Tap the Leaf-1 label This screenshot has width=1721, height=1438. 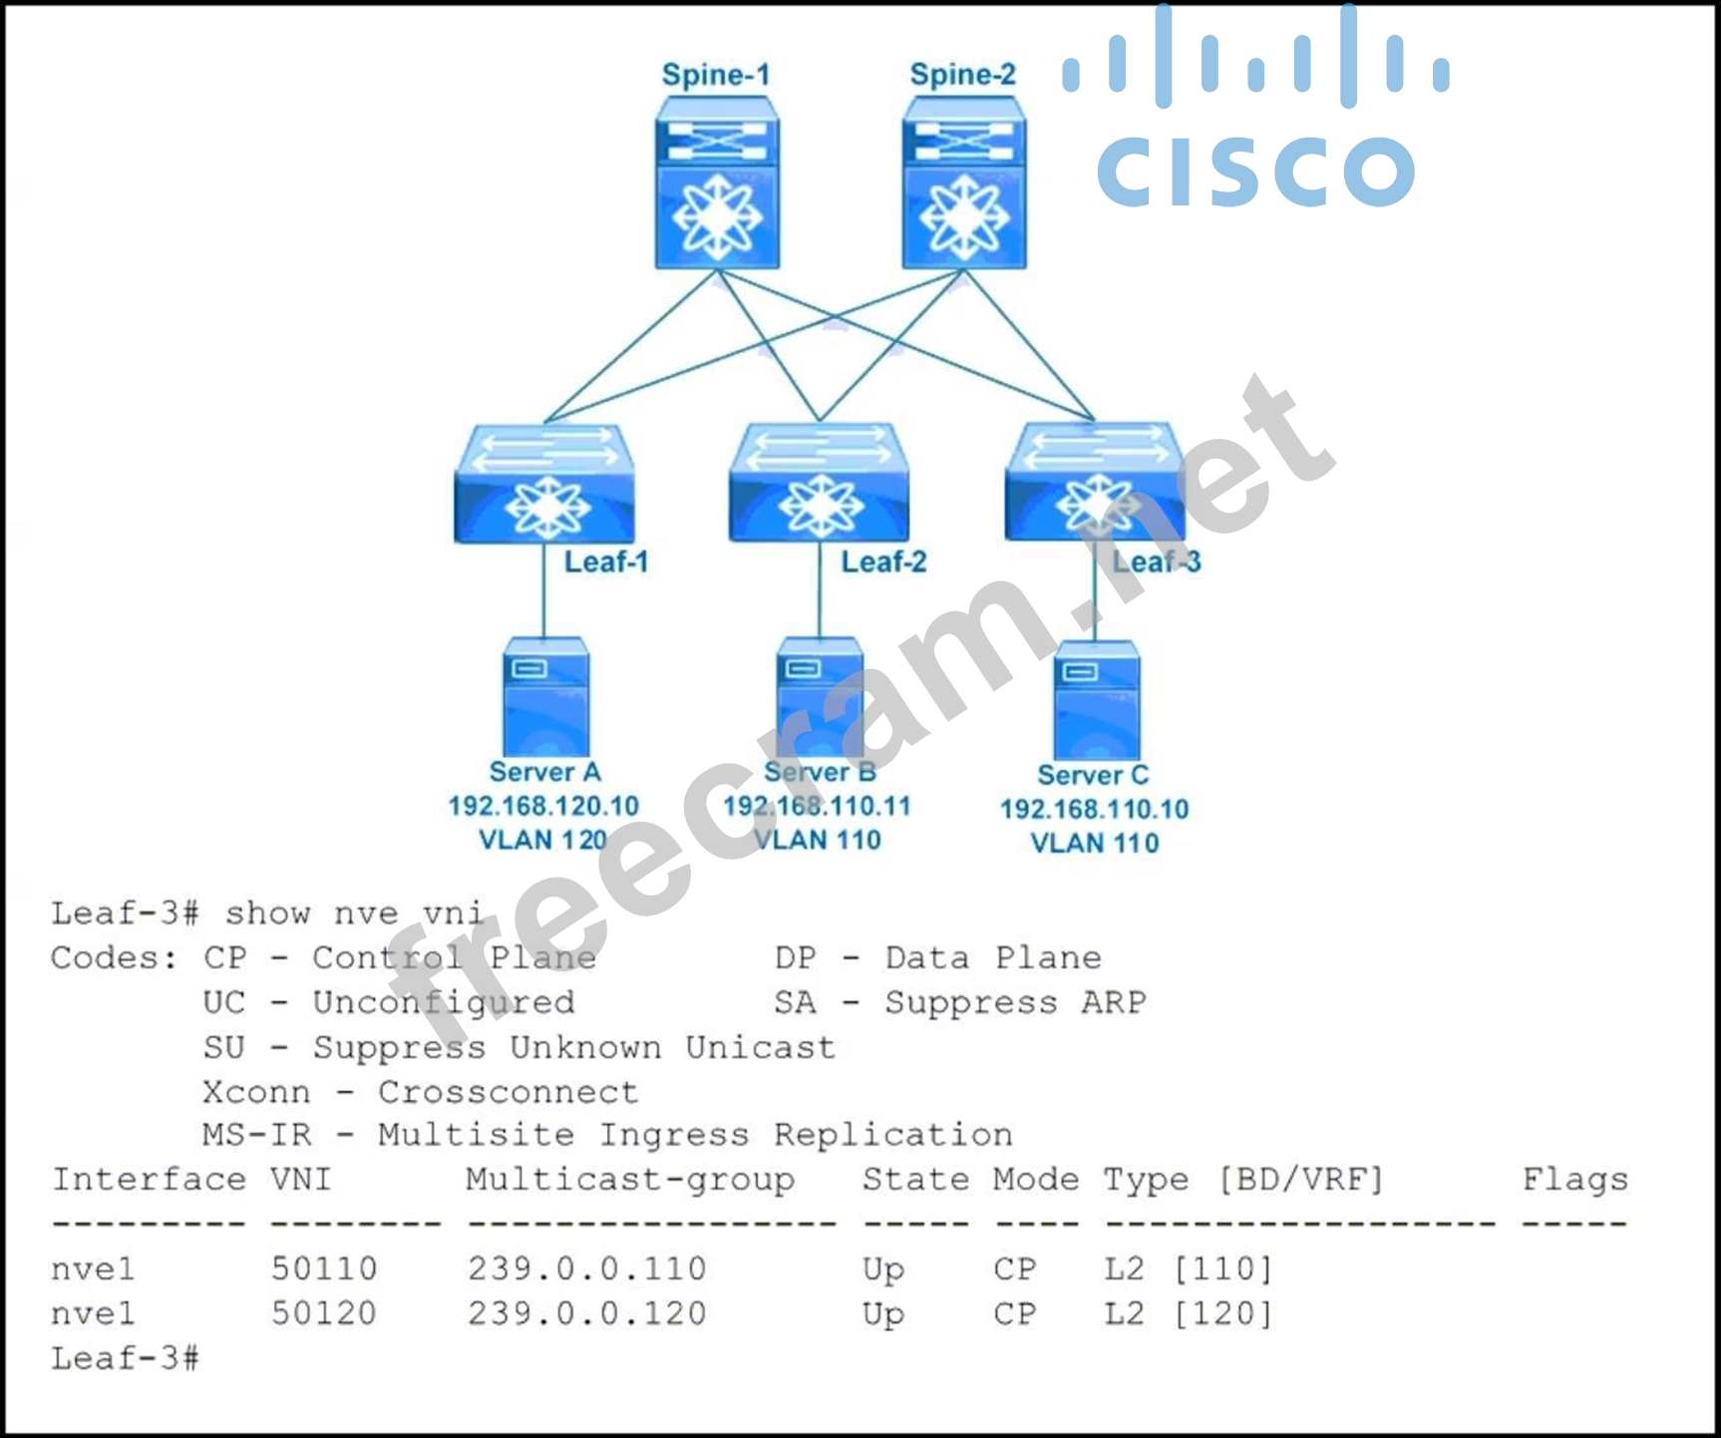click(606, 561)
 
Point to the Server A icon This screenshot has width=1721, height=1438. click(546, 697)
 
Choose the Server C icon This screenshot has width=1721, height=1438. click(1096, 701)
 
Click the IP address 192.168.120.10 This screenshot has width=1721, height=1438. click(543, 806)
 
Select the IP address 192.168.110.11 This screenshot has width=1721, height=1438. click(818, 806)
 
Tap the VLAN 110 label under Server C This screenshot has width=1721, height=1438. click(1095, 844)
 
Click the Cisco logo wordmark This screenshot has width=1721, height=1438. click(1255, 171)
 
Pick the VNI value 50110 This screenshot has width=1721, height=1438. click(324, 1268)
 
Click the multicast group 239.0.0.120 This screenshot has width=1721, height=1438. click(587, 1313)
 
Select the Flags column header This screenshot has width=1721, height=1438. click(1574, 1180)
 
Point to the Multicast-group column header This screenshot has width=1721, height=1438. click(630, 1180)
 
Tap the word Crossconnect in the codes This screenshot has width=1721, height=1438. click(508, 1092)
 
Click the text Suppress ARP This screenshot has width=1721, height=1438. click(1015, 1002)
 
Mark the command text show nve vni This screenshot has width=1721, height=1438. click(354, 912)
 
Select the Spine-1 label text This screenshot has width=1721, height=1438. click(716, 75)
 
